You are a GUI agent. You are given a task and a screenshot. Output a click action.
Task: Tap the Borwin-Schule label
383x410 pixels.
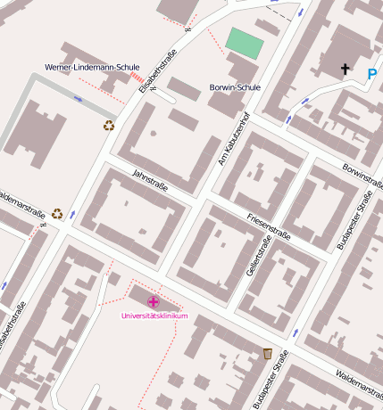pyautogui.click(x=234, y=87)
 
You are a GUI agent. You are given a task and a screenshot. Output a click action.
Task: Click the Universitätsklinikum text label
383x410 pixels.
pyautogui.click(x=154, y=316)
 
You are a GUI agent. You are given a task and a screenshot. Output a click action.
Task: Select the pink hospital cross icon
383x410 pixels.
pyautogui.click(x=154, y=302)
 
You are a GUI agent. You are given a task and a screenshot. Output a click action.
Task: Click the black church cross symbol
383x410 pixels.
pyautogui.click(x=345, y=69)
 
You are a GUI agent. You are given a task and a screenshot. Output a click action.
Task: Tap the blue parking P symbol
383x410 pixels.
pyautogui.click(x=371, y=75)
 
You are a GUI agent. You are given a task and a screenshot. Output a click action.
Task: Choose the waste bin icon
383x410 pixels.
pyautogui.click(x=267, y=354)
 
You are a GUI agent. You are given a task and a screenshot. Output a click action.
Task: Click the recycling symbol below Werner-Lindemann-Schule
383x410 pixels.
pyautogui.click(x=109, y=126)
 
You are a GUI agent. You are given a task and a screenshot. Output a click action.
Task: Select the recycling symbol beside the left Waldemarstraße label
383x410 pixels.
pyautogui.click(x=57, y=213)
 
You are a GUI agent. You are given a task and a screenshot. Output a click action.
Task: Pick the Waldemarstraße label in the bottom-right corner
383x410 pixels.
pyautogui.click(x=354, y=381)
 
